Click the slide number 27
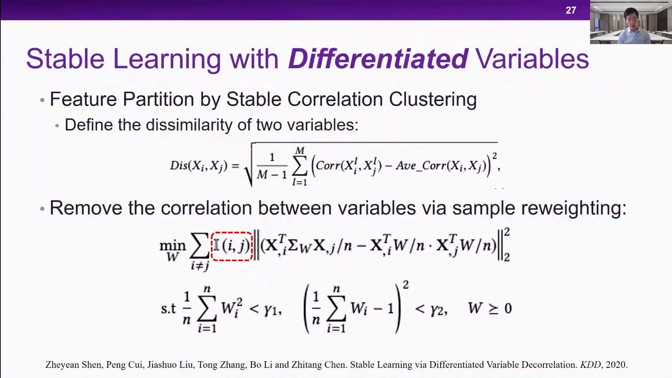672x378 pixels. click(x=571, y=10)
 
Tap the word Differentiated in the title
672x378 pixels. click(x=378, y=58)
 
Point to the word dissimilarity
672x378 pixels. click(x=189, y=125)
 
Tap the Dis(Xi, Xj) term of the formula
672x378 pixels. click(x=198, y=166)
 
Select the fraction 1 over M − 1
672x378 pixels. click(x=272, y=166)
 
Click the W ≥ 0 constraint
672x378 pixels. click(x=490, y=308)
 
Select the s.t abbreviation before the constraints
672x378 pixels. click(x=168, y=309)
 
